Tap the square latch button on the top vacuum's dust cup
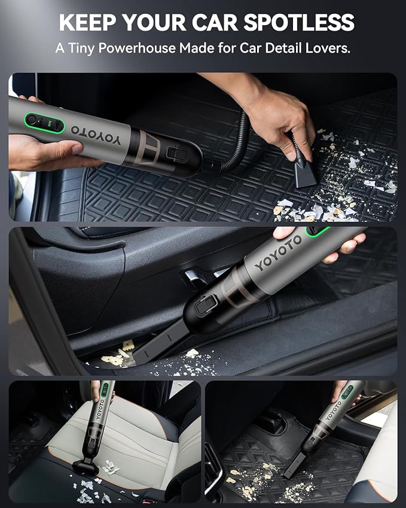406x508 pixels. pos(176,154)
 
